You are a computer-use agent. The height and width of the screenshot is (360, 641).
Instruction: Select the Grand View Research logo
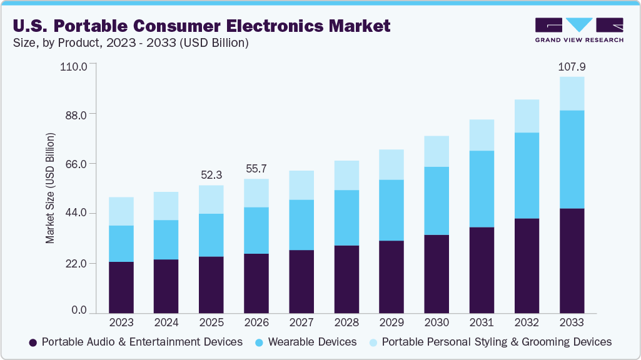click(578, 30)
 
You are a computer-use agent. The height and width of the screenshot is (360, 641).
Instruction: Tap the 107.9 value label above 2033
click(572, 67)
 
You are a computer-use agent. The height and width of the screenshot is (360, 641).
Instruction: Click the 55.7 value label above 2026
click(256, 169)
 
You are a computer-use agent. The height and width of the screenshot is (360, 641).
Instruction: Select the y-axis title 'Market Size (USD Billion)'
click(50, 188)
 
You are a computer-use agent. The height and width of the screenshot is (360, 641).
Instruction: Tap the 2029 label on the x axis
click(391, 323)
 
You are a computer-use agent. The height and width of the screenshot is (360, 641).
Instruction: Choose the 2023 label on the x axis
click(121, 323)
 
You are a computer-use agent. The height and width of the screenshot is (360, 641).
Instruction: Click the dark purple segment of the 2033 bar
click(572, 261)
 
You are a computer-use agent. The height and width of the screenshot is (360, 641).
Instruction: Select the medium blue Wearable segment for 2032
click(527, 175)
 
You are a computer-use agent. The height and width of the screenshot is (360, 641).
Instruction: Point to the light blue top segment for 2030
click(437, 151)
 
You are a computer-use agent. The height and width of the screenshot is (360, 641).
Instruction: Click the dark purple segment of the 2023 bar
click(121, 287)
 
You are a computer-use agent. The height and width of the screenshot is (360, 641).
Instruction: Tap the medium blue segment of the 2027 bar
click(301, 225)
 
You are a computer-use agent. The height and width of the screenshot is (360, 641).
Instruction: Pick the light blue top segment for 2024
click(166, 206)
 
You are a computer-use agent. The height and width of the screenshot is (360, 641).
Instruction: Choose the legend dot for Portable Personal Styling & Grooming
click(373, 342)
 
